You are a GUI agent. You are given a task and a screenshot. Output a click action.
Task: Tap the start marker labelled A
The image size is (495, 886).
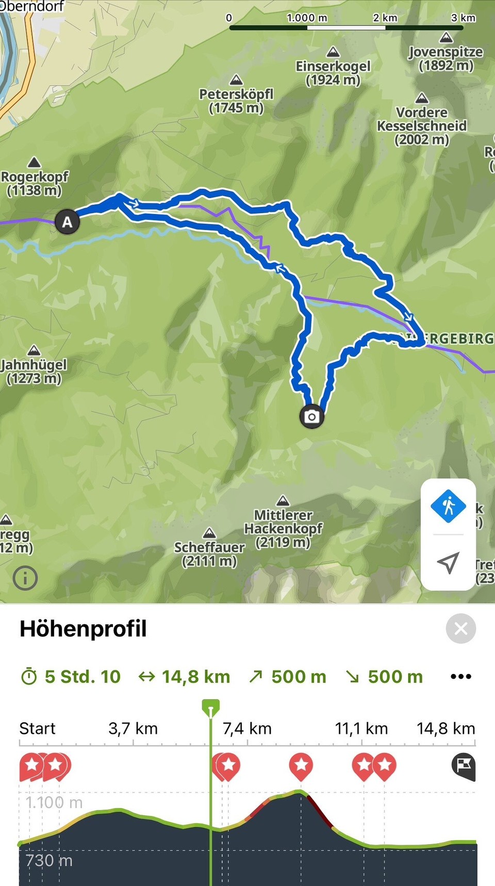67,222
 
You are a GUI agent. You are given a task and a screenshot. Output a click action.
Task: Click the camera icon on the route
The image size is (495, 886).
311,416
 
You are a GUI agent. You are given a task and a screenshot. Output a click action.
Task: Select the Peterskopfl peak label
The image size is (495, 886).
236,101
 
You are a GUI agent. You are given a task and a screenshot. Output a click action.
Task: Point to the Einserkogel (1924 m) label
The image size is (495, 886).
333,73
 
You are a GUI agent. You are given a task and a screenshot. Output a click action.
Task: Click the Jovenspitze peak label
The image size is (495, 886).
445,58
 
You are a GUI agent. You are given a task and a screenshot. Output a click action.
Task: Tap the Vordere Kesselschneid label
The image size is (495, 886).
422,126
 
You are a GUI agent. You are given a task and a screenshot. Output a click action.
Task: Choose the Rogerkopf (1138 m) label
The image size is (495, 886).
34,183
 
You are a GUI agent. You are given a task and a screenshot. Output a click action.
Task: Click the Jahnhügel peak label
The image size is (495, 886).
34,371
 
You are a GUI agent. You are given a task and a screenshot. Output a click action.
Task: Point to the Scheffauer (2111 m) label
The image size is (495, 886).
209,554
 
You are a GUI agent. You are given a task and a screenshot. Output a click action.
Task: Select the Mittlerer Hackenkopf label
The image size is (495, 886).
283,528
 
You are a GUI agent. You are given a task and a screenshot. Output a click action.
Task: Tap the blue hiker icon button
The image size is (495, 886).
448,506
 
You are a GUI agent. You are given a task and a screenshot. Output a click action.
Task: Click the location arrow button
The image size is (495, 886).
448,562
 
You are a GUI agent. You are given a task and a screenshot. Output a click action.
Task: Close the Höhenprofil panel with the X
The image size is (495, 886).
460,629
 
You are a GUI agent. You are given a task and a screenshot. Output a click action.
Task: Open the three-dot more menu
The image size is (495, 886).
460,676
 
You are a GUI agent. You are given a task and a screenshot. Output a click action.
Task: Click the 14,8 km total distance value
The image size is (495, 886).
196,676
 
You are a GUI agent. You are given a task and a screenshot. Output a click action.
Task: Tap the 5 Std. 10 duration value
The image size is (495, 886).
82,676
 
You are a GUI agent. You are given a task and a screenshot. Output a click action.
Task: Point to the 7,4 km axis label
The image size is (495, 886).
247,728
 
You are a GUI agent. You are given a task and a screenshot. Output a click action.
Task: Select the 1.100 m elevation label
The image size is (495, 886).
54,802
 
